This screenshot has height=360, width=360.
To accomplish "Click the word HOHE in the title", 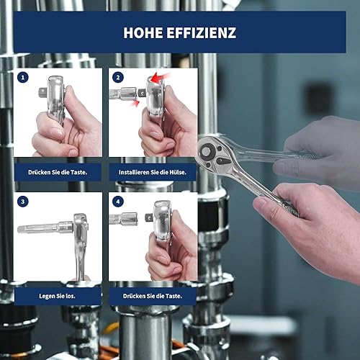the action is pos(143,32).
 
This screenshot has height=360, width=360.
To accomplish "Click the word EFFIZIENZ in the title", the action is pos(202,32).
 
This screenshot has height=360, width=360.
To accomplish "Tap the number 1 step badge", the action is pos(23,78).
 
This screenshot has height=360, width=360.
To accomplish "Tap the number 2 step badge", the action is pos(118,78).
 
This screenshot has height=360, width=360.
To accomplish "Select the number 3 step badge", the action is pos(23,202).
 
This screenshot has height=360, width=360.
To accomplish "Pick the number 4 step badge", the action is pos(118,202).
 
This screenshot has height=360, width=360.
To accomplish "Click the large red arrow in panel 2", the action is pos(161,77).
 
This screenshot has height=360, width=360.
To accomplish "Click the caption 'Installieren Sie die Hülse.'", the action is pos(153,172).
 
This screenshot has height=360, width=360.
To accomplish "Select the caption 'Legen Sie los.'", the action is pos(57,296).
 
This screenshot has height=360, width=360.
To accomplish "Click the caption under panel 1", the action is pos(58,172).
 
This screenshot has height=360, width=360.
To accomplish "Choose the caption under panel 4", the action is pos(153,296).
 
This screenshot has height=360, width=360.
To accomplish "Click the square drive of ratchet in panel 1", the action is pos(43,92).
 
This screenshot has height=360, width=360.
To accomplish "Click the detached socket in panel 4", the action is pos(123,219).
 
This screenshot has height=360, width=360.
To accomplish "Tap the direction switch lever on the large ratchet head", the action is pos(222,161).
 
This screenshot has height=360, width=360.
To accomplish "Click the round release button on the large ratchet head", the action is pos(207,152).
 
